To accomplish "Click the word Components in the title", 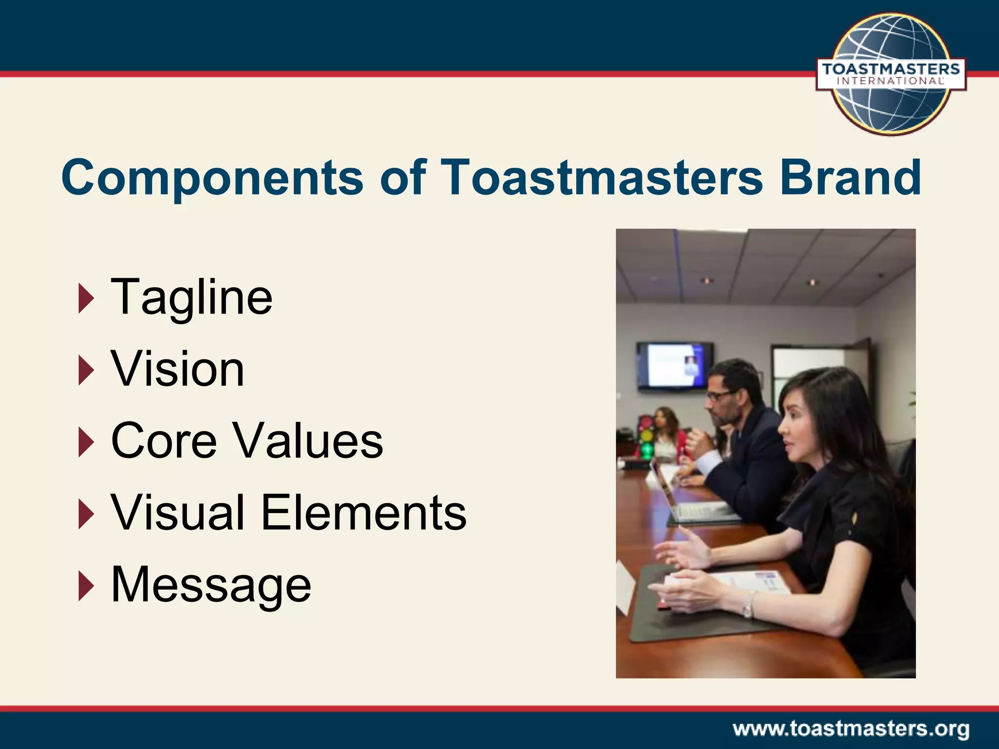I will (x=212, y=178).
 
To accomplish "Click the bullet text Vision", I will (x=178, y=369).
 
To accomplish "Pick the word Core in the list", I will (x=164, y=441).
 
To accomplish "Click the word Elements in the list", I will (x=364, y=512).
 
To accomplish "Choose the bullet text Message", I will (x=211, y=585).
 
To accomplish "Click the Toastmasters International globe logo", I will (x=891, y=73).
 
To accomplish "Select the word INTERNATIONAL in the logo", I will (x=891, y=81).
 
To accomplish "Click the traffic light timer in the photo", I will (x=646, y=436).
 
